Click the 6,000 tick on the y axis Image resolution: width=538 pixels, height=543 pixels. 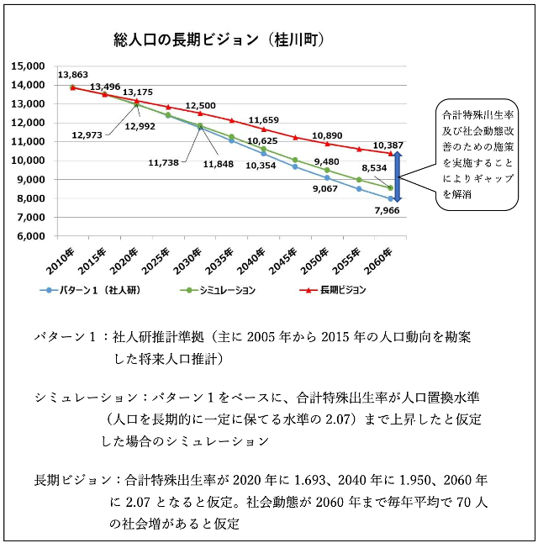click(32, 236)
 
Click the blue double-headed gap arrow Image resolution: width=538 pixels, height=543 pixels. click(399, 177)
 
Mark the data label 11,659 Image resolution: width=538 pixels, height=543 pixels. click(264, 120)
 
